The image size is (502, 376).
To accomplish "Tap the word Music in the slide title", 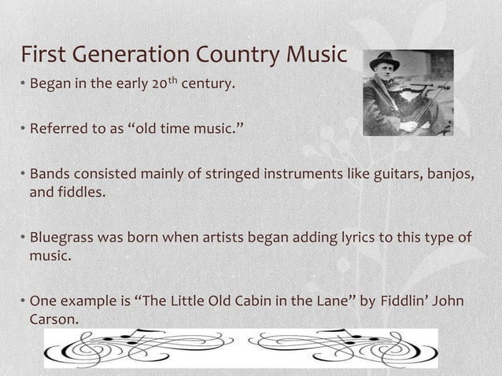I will tap(317, 56).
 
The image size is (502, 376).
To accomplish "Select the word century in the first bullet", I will tap(208, 82).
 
